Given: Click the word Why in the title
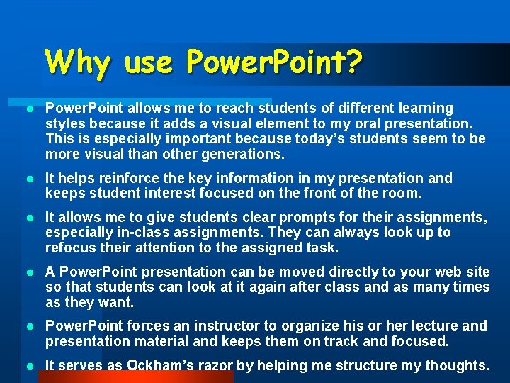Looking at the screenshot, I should [78, 62].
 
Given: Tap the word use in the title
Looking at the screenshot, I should [149, 62].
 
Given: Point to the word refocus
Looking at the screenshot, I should [69, 248].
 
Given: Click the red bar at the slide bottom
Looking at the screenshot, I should [135, 377].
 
